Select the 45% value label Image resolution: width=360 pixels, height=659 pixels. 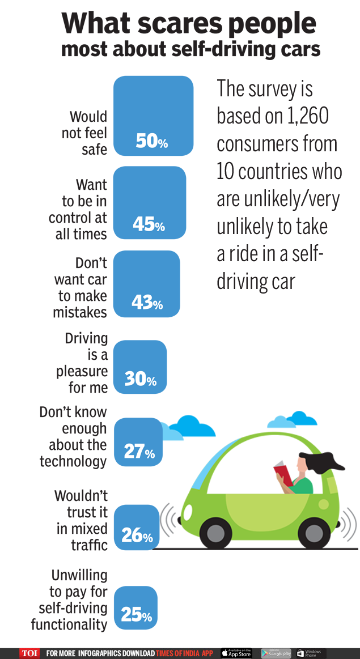point(149,225)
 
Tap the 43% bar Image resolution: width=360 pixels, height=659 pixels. point(146,283)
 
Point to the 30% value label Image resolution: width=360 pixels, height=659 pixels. point(141,379)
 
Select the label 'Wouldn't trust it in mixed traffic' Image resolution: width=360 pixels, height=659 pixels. point(81,520)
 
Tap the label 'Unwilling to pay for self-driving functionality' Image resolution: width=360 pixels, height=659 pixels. point(70,600)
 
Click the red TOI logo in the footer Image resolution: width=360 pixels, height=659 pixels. point(30,653)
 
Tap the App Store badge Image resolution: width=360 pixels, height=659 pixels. point(236,653)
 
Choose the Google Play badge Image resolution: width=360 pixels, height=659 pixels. point(276,653)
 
